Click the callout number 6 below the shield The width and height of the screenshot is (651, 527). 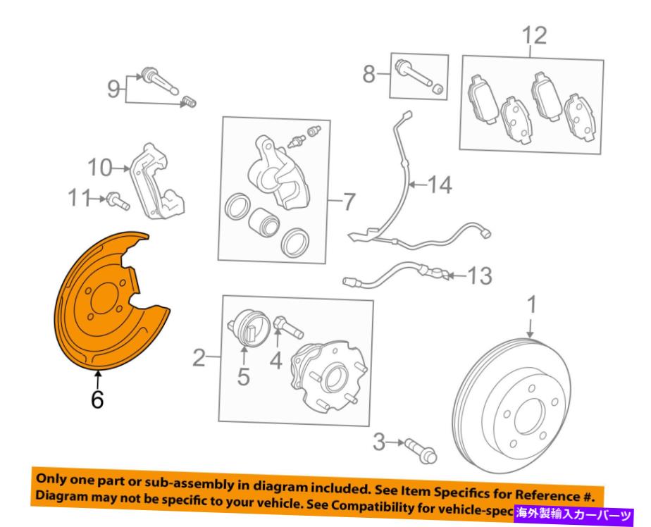97,399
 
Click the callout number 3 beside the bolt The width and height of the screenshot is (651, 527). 380,442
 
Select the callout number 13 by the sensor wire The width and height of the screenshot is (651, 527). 480,275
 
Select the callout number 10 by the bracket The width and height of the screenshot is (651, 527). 101,168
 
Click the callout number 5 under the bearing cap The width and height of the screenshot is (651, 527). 243,378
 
